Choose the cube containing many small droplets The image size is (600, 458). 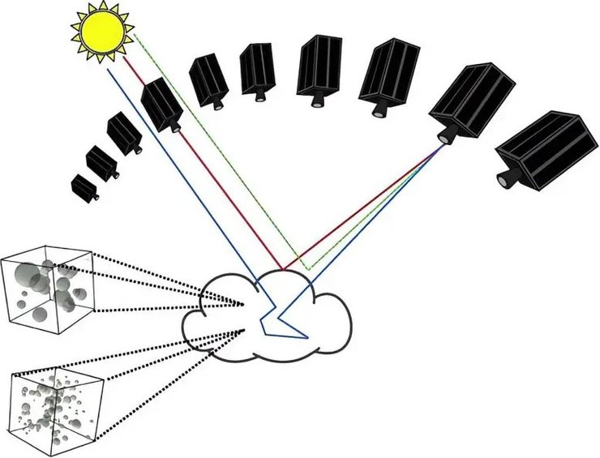55,400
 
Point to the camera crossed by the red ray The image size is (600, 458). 162,104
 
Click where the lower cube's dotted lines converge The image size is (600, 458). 244,331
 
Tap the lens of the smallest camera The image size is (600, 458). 97,196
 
